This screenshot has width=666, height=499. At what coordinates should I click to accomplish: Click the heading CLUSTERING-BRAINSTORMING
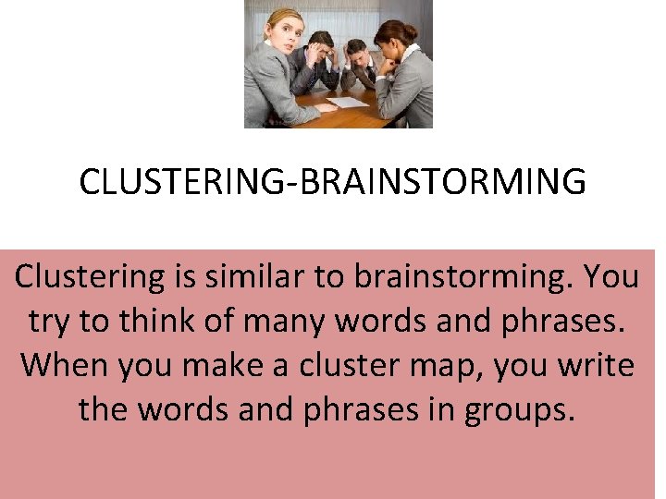click(332, 182)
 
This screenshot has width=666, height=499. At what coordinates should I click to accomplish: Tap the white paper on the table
click(348, 102)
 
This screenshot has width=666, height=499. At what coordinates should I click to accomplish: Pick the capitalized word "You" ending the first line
click(612, 276)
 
